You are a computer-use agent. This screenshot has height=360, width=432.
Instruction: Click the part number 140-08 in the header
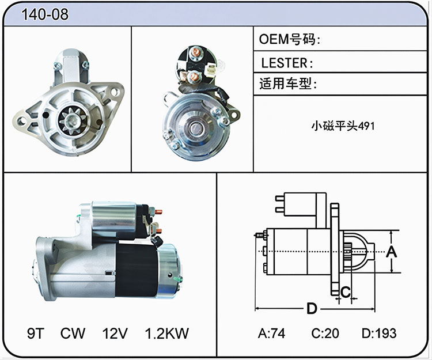click(45, 14)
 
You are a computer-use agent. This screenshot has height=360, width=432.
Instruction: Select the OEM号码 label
click(290, 39)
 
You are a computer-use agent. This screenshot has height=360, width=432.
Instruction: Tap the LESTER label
click(287, 63)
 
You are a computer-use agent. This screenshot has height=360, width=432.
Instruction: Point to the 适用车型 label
click(288, 84)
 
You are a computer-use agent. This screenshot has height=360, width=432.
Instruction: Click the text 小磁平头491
click(343, 126)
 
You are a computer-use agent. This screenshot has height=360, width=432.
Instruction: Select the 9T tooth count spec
click(36, 334)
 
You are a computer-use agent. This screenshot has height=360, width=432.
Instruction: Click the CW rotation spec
click(73, 334)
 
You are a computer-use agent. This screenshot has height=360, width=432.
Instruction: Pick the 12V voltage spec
click(115, 334)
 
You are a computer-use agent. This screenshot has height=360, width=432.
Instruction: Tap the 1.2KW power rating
click(167, 334)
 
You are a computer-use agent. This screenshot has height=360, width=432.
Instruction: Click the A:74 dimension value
click(272, 334)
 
